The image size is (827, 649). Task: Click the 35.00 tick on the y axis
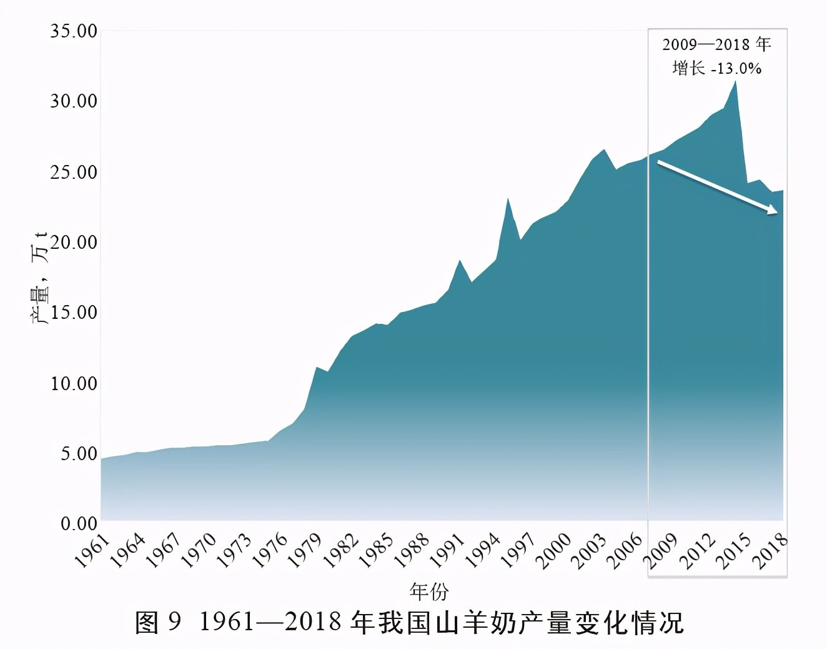click(74, 31)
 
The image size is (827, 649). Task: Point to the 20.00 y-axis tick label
click(74, 242)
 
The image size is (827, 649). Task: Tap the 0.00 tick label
click(79, 523)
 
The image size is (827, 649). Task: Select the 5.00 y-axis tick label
click(79, 453)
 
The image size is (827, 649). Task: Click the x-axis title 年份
click(429, 590)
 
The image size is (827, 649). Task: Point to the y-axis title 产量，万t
click(40, 278)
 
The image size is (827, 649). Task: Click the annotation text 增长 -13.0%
click(716, 68)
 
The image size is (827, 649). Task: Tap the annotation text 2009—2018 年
click(716, 44)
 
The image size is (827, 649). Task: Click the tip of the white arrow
click(778, 213)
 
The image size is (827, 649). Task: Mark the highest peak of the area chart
click(736, 81)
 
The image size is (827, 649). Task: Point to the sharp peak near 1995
click(508, 198)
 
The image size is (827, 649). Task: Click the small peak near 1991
click(460, 260)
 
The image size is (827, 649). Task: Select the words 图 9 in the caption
click(158, 622)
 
